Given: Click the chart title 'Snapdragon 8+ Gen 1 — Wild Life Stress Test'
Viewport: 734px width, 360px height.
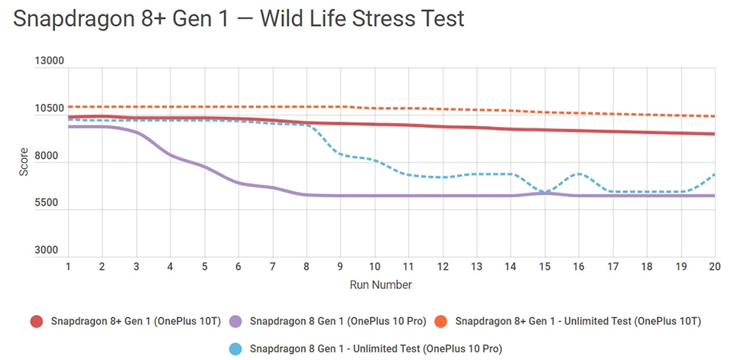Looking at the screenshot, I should click(239, 18).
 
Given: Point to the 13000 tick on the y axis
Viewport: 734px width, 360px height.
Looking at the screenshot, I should click(50, 62).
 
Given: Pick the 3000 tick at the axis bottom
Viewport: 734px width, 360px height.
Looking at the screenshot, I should click(52, 251).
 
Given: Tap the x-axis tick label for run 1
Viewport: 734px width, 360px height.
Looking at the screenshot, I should click(69, 266).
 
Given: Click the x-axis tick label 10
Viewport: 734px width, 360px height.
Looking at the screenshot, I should click(375, 266).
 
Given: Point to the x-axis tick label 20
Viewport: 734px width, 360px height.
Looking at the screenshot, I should click(714, 266).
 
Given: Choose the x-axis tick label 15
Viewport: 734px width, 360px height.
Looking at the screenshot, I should click(544, 266).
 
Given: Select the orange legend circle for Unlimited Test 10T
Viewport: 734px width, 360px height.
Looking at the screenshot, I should click(441, 321).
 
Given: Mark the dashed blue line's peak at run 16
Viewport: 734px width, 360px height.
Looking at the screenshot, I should click(579, 174).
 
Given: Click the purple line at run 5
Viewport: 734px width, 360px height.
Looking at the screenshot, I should click(205, 167).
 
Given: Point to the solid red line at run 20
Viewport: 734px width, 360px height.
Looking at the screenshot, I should click(714, 134).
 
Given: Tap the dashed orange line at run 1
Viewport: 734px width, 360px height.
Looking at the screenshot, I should click(69, 107).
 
